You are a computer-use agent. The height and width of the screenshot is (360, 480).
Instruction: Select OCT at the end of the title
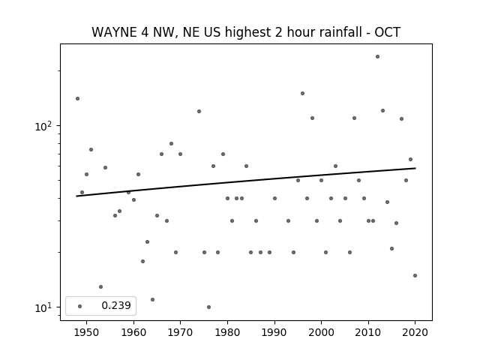pyautogui.click(x=388, y=32)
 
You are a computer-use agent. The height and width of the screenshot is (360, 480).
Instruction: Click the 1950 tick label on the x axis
pyautogui.click(x=87, y=332)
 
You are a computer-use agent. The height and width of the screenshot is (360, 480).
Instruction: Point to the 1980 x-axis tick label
pyautogui.click(x=227, y=332)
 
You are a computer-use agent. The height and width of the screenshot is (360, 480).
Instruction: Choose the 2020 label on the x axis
pyautogui.click(x=415, y=332)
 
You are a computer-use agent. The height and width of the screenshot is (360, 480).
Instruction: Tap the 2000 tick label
pyautogui.click(x=321, y=332)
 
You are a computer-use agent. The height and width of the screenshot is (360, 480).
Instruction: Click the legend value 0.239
pyautogui.click(x=116, y=305)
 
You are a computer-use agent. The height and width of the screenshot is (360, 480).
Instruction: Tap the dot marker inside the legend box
pyautogui.click(x=80, y=306)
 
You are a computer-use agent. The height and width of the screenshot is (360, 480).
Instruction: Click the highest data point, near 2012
pyautogui.click(x=377, y=57)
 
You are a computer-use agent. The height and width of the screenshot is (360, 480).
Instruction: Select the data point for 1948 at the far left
pyautogui.click(x=77, y=98)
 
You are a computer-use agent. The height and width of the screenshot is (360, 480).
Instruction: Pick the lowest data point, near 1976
pyautogui.click(x=208, y=307)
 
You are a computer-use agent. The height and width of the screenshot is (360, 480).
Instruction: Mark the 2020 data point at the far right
pyautogui.click(x=415, y=275)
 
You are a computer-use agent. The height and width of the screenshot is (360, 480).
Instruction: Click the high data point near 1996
pyautogui.click(x=302, y=93)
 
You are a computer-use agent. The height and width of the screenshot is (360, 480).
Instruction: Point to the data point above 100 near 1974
pyautogui.click(x=199, y=112)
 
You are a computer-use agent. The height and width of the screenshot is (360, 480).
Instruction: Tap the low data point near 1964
pyautogui.click(x=152, y=299)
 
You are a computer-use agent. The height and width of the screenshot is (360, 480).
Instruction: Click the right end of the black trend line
pyautogui.click(x=415, y=168)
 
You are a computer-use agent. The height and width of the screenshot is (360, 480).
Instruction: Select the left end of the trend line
pyautogui.click(x=76, y=196)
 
